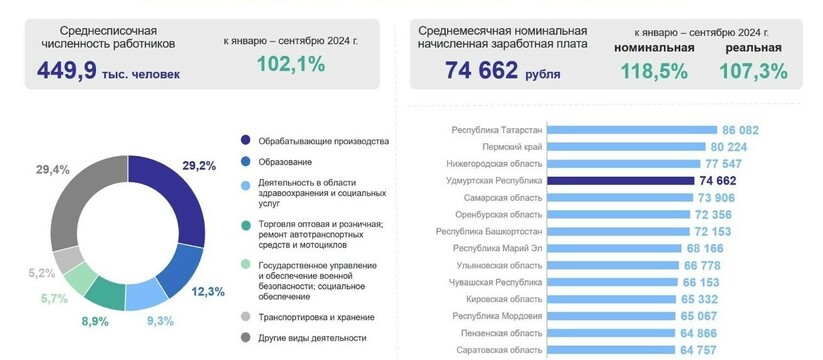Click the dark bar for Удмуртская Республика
pyautogui.click(x=621, y=181)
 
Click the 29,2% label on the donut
pyautogui.click(x=199, y=165)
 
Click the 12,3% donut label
pyautogui.click(x=207, y=291)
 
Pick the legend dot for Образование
pyautogui.click(x=244, y=162)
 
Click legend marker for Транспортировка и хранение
pyautogui.click(x=244, y=317)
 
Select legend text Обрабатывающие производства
pyautogui.click(x=322, y=140)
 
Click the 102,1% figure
pyautogui.click(x=290, y=65)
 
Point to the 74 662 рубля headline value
pyautogui.click(x=482, y=70)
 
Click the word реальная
pyautogui.click(x=753, y=47)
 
